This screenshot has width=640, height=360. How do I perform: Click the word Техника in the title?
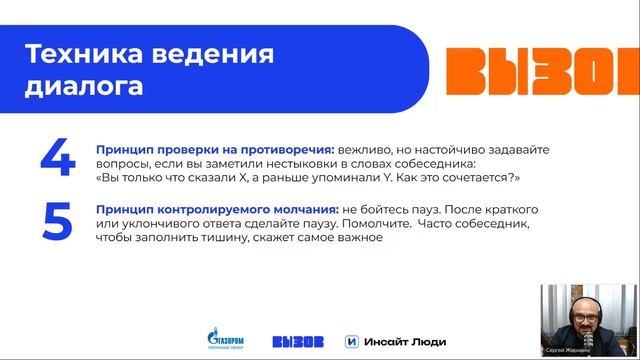(76, 52)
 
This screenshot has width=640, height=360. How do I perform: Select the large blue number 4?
(58, 159)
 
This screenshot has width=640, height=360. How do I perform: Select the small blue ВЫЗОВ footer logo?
(297, 340)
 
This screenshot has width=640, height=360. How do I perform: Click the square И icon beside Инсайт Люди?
(351, 340)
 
